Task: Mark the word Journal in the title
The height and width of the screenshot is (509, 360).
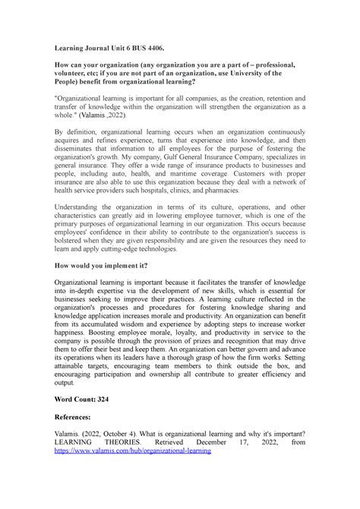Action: click(96, 49)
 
